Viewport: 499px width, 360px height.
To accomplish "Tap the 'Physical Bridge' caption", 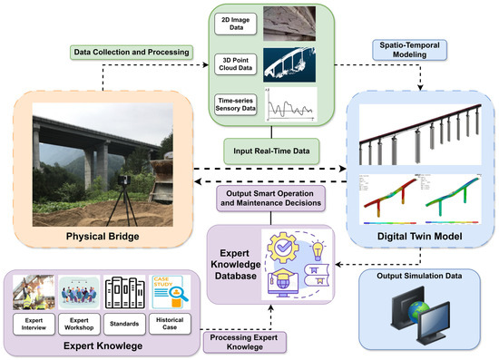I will pos(107,238).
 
